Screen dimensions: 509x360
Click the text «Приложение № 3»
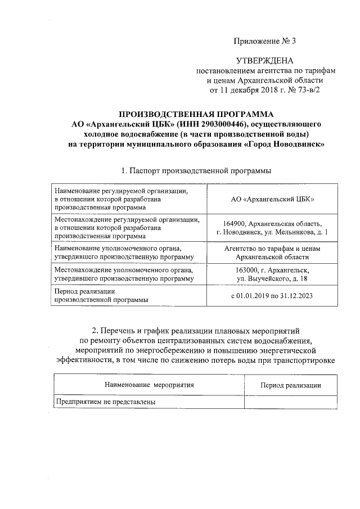pyautogui.click(x=264, y=41)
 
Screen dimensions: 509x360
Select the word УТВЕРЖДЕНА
pyautogui.click(x=264, y=60)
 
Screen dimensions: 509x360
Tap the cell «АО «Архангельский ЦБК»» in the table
pyautogui.click(x=273, y=199)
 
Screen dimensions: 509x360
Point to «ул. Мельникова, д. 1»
pyautogui.click(x=296, y=232)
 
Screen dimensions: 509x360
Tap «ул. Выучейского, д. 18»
pyautogui.click(x=273, y=279)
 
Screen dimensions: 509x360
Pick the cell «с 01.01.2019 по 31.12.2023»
pyautogui.click(x=273, y=296)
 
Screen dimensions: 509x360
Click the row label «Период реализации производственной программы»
pyautogui.click(x=101, y=296)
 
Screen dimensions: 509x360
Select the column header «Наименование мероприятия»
pyautogui.click(x=149, y=385)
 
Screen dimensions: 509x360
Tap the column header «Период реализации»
pyautogui.click(x=291, y=385)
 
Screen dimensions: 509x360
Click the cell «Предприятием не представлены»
pyautogui.click(x=105, y=402)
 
